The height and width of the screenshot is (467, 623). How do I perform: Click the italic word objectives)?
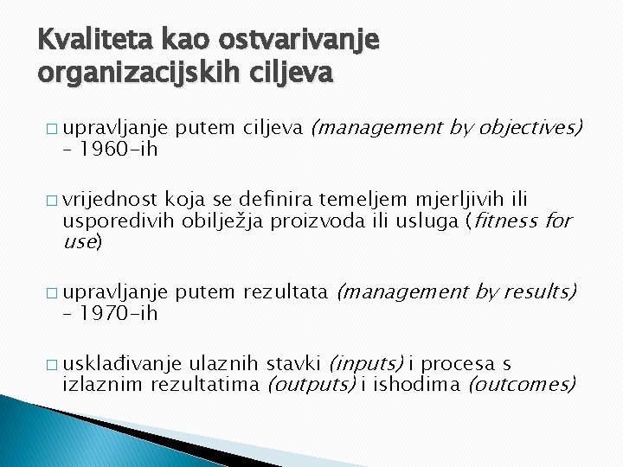pyautogui.click(x=530, y=129)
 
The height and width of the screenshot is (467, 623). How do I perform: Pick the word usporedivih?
pyautogui.click(x=119, y=221)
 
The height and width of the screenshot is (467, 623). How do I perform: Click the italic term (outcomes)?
pyautogui.click(x=522, y=384)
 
